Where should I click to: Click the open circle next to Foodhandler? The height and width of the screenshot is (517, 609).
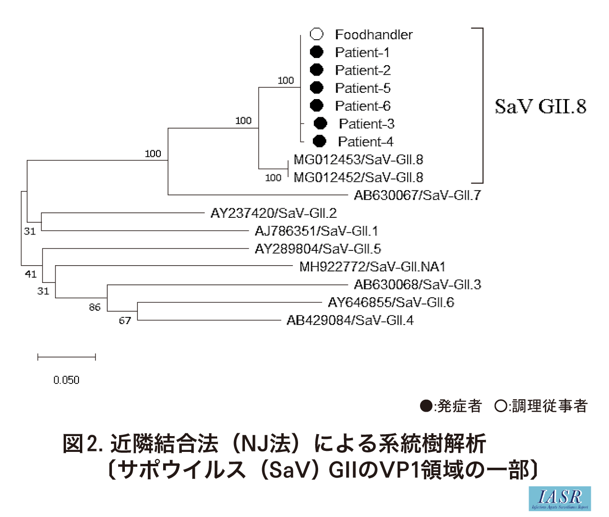tap(317, 34)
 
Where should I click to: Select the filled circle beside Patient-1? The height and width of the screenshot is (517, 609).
tap(317, 52)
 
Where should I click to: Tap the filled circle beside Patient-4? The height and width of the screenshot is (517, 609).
tap(319, 141)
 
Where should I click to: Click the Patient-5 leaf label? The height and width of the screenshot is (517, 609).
tap(363, 88)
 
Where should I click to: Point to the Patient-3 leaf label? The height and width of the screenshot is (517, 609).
tap(366, 124)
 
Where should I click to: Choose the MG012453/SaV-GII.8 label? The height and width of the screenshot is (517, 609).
tap(358, 159)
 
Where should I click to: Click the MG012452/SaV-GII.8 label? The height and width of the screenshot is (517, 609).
tap(358, 178)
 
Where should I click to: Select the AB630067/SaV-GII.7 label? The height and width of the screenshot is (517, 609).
tap(417, 195)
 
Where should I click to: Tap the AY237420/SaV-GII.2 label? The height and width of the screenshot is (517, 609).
tap(274, 213)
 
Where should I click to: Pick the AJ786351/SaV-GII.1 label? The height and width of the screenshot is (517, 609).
tap(316, 231)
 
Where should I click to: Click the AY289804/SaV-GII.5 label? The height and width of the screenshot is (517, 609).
tap(318, 249)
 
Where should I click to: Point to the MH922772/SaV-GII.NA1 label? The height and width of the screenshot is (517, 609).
tap(372, 267)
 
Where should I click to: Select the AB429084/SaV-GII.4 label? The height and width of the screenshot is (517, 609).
tap(350, 320)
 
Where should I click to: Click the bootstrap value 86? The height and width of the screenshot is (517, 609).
tap(95, 307)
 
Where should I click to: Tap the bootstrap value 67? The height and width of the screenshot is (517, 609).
tap(125, 321)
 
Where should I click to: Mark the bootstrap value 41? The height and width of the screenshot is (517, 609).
tap(31, 274)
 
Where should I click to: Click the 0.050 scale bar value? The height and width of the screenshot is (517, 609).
tap(66, 380)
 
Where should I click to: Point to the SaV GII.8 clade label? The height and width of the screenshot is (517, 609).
tap(541, 106)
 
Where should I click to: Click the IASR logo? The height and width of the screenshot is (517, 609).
tap(560, 499)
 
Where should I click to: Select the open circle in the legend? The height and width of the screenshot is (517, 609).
tap(501, 406)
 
